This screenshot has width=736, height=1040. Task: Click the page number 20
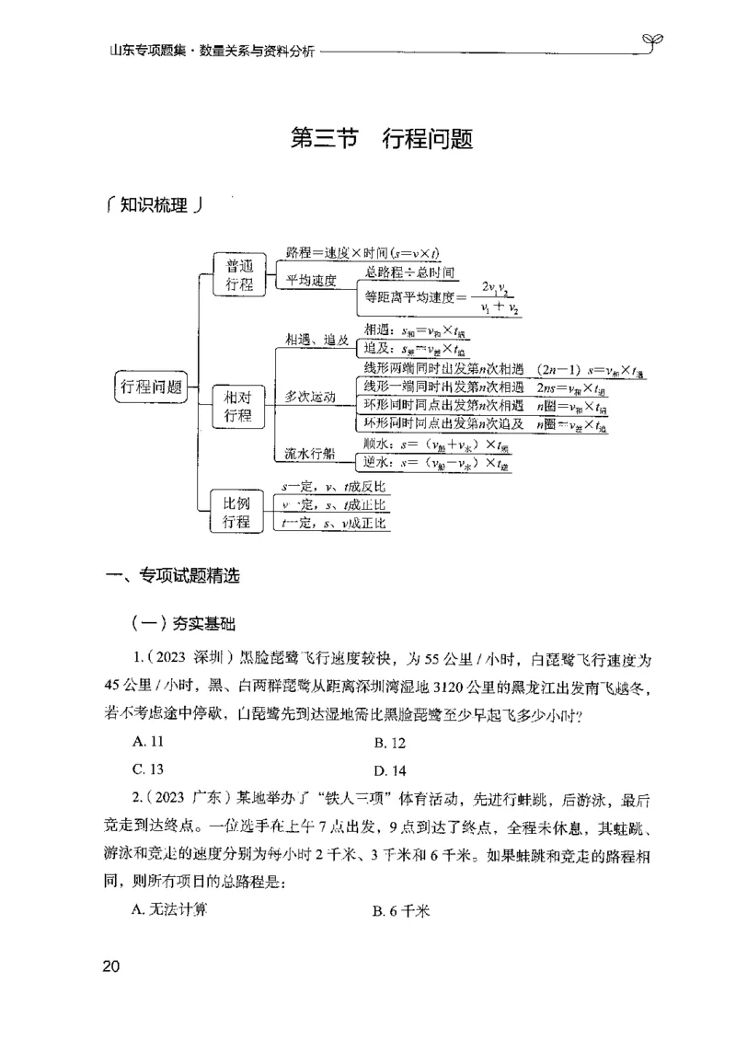(x=110, y=966)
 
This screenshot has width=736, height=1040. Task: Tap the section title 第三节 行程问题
(x=381, y=140)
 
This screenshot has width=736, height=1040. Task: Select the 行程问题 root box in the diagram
(x=151, y=387)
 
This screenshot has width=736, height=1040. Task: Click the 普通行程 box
(x=238, y=274)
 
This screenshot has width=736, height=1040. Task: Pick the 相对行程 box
(x=238, y=406)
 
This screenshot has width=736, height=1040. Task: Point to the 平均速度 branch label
(x=311, y=280)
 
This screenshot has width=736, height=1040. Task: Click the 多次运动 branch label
(x=310, y=397)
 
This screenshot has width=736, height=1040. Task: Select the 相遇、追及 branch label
(x=316, y=339)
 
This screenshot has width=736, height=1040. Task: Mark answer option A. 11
(x=147, y=741)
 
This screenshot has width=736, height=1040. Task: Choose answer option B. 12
(x=389, y=742)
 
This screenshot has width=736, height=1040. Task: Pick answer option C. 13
(x=147, y=769)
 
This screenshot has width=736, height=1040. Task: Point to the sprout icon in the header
(x=654, y=40)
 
